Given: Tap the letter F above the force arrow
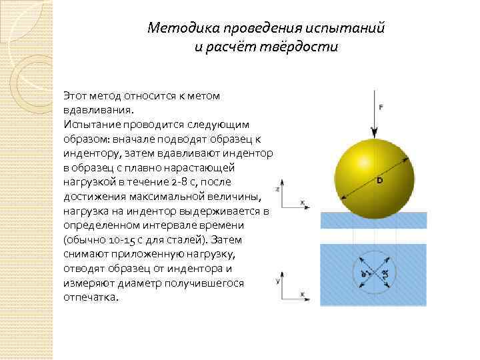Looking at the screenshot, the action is pyautogui.click(x=381, y=107).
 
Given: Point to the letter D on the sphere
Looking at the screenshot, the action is pyautogui.click(x=379, y=181).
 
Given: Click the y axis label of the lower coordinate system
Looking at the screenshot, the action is pyautogui.click(x=277, y=281).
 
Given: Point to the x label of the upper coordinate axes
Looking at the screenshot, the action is pyautogui.click(x=302, y=201).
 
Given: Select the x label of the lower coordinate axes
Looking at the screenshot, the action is pyautogui.click(x=302, y=294).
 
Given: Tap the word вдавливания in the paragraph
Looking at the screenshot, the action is pyautogui.click(x=97, y=109).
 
